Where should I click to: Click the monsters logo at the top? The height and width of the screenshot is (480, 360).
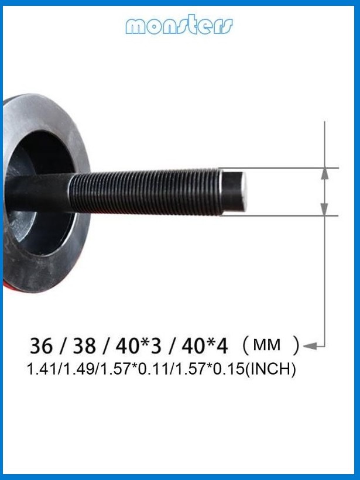coord(179,25)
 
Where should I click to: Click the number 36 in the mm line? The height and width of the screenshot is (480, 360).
coord(41,346)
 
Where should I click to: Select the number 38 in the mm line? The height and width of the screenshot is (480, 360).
coord(84,346)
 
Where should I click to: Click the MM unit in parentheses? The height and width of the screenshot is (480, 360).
coord(266,345)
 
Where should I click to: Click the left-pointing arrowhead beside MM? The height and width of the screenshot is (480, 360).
coord(311,346)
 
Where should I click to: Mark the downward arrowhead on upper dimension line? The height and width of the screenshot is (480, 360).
coord(325,173)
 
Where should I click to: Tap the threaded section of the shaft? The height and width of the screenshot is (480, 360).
coord(146,192)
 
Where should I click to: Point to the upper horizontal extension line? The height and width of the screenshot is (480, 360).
coord(281,168)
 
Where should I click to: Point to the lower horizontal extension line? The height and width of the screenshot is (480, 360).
coord(281,216)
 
